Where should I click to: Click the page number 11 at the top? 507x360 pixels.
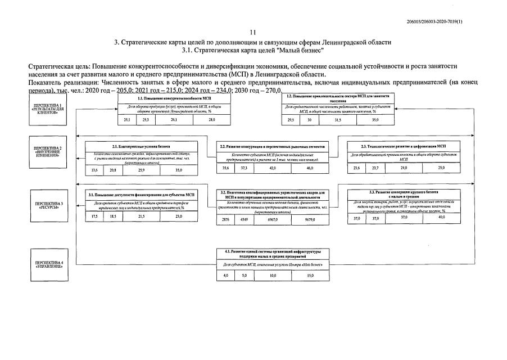point(252,33)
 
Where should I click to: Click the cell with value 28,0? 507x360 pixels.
point(211,120)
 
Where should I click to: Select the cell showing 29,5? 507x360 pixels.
point(291,120)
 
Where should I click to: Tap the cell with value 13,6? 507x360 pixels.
point(94,169)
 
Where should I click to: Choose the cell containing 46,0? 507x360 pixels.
point(309,168)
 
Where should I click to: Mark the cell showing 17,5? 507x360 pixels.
point(94,217)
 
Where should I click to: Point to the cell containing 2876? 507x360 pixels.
point(226,219)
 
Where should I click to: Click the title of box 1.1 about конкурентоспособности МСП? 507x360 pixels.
point(162,98)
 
